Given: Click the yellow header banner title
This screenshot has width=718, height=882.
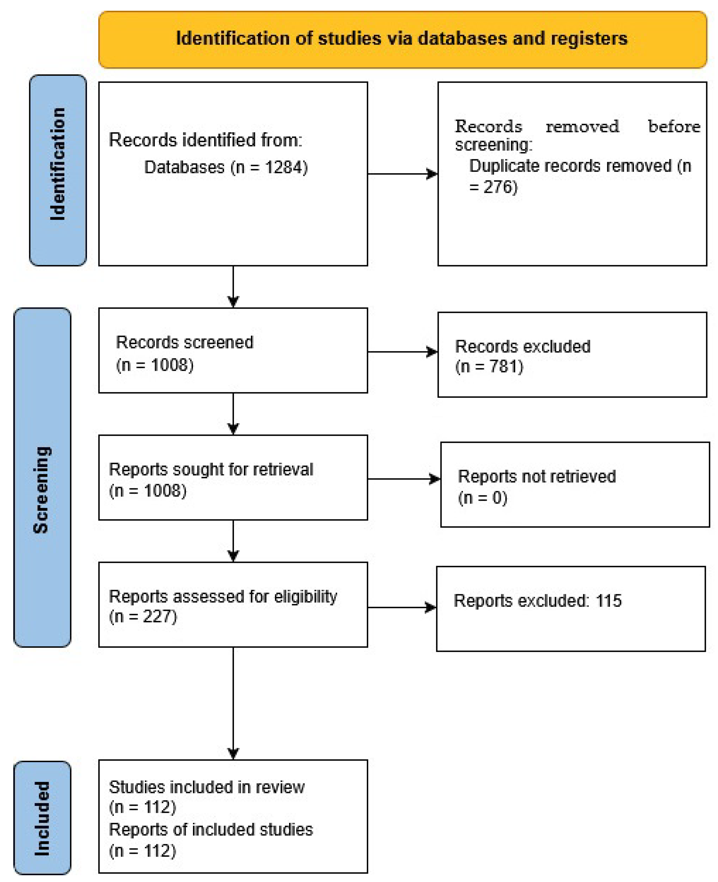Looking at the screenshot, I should [402, 38].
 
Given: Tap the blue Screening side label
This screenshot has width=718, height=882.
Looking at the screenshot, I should [42, 489].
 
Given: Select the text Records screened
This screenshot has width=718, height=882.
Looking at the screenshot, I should [185, 342].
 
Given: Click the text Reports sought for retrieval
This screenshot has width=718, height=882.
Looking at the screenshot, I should [211, 469].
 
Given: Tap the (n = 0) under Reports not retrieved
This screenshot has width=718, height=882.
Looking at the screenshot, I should [482, 497].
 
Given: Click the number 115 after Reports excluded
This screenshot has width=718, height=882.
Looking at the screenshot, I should [608, 600].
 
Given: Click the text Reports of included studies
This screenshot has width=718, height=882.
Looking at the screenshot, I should [211, 829].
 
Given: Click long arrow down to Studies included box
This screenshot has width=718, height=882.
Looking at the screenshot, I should [233, 703].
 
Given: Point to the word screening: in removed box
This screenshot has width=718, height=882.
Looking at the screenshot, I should [493, 145].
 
